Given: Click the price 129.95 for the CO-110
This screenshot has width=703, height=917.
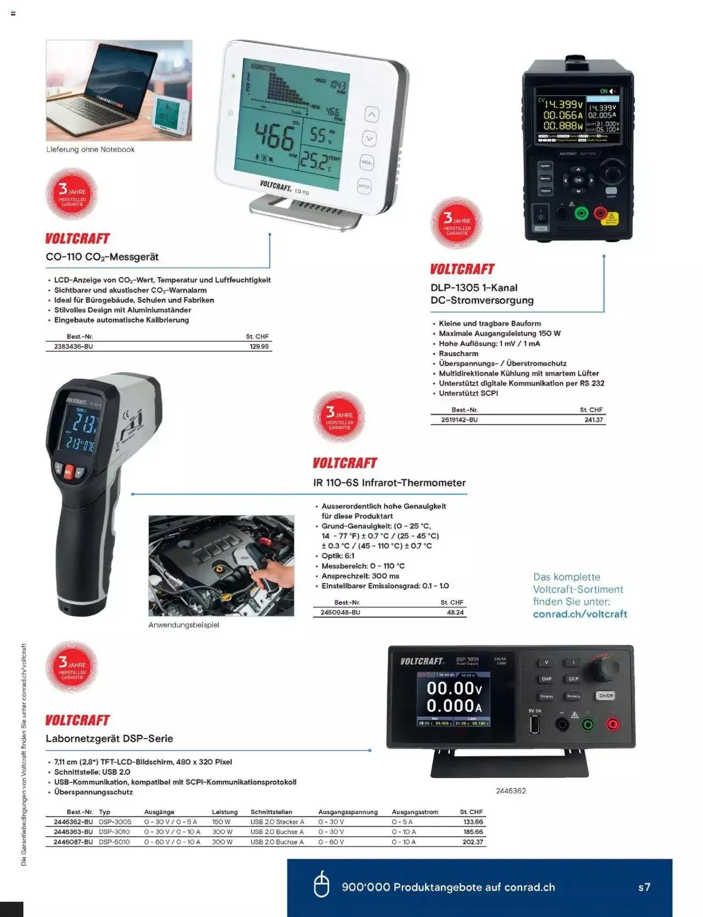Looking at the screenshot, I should pyautogui.click(x=259, y=347).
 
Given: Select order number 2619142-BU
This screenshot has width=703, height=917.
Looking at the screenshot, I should pyautogui.click(x=459, y=420).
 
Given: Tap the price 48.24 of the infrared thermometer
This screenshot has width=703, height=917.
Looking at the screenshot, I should pyautogui.click(x=455, y=612).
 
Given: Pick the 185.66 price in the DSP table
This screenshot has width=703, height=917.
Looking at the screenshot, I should pyautogui.click(x=472, y=832).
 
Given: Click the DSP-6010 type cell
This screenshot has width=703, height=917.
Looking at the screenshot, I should pyautogui.click(x=114, y=842).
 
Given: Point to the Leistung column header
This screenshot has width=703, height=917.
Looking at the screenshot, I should pyautogui.click(x=225, y=812).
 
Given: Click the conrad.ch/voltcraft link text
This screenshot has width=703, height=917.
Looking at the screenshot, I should pyautogui.click(x=580, y=614).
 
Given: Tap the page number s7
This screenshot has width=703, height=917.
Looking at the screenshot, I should pyautogui.click(x=644, y=887).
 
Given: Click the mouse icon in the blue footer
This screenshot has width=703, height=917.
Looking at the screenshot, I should pyautogui.click(x=321, y=885).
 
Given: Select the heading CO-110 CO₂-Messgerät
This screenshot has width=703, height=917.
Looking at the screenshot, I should pyautogui.click(x=102, y=257).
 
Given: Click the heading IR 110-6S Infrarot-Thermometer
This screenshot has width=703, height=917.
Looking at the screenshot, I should pyautogui.click(x=389, y=483).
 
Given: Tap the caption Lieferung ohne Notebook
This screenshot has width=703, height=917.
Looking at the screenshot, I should pyautogui.click(x=90, y=149).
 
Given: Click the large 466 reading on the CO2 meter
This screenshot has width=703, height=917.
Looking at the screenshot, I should pyautogui.click(x=274, y=136).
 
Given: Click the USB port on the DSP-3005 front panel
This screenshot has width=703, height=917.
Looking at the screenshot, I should pyautogui.click(x=534, y=725).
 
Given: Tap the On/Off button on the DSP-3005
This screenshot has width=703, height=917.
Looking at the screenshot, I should pyautogui.click(x=605, y=696).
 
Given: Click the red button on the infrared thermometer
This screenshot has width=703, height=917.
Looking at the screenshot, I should pyautogui.click(x=69, y=471).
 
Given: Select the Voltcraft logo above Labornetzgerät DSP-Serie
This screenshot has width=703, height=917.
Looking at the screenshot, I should pyautogui.click(x=77, y=720).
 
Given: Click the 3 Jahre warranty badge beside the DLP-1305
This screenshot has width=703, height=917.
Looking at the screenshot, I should pyautogui.click(x=456, y=223).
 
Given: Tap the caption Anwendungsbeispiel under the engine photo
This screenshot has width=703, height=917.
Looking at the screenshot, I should pyautogui.click(x=183, y=625).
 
